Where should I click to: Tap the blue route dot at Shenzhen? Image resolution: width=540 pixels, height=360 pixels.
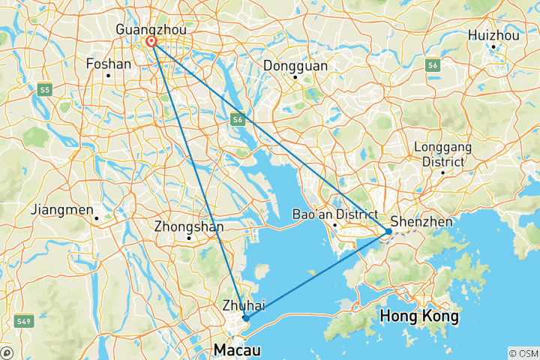tap(388, 232)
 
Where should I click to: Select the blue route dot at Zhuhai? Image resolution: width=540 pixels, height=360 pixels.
tap(246, 318)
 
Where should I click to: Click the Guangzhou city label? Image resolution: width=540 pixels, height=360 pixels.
tap(151, 28)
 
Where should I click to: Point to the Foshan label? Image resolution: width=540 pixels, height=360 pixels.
tap(109, 64)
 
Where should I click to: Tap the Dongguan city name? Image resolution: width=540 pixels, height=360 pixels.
tap(295, 64)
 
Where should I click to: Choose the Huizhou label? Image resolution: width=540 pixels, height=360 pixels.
tap(493, 34)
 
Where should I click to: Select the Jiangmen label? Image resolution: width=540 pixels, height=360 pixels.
tap(62, 209)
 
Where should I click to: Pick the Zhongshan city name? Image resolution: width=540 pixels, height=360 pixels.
tap(188, 225)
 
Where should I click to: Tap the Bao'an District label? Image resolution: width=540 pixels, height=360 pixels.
tap(334, 214)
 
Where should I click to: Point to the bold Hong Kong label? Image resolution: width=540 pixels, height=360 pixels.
tap(419, 316)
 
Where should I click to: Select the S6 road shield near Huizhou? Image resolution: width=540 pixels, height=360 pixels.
tap(433, 66)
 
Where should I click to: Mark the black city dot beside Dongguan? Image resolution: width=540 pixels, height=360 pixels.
tap(295, 76)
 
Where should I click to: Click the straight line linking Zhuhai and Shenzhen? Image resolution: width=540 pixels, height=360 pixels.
tap(315, 276)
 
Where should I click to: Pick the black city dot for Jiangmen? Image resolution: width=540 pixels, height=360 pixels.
tap(97, 218)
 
